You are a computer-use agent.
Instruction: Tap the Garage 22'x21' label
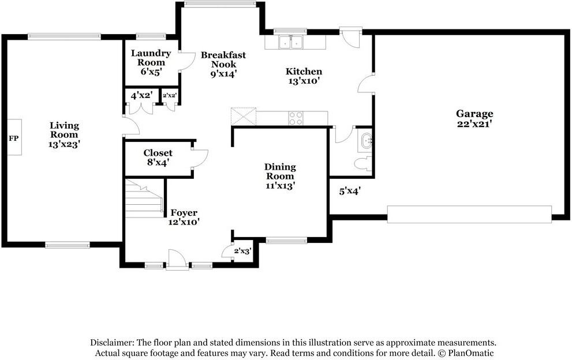(474, 118)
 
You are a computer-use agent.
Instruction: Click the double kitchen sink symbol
(290, 42)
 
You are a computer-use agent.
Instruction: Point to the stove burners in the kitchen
(296, 118)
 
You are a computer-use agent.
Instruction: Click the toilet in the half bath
(363, 163)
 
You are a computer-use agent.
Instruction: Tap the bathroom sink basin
(366, 140)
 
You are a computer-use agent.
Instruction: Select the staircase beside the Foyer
(144, 199)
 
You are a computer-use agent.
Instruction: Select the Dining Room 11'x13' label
(280, 176)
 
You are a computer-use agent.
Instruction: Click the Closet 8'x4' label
(158, 157)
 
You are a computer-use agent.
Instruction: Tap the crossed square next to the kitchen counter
(243, 117)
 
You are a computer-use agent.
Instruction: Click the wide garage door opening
(469, 214)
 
